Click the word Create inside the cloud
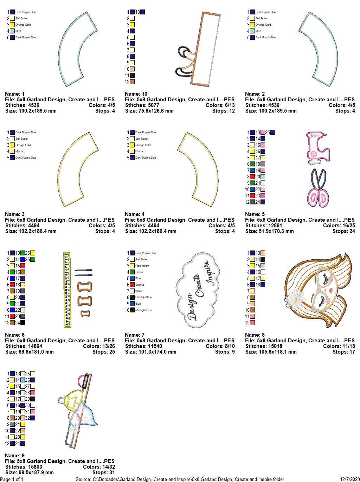tap(200, 285)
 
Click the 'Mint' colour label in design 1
tap(18, 31)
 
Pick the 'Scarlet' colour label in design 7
tap(140, 285)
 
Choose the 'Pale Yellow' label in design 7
tap(142, 266)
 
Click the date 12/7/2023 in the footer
tap(349, 479)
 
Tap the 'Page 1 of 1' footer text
tap(12, 479)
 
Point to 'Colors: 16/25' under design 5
tap(339, 226)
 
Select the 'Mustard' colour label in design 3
tap(20, 151)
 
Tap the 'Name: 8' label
tap(255, 335)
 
